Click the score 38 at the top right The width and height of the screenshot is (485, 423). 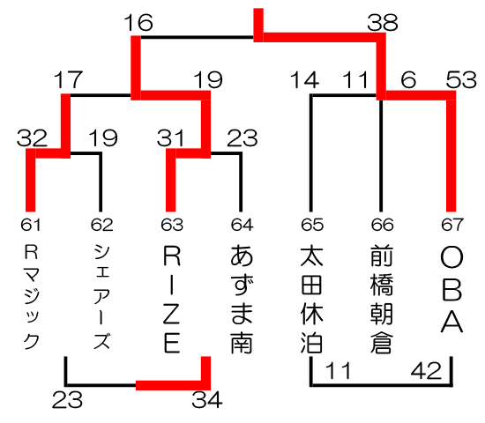tap(383, 23)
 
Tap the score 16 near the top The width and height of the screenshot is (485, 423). tap(138, 23)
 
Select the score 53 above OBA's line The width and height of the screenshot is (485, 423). tap(461, 80)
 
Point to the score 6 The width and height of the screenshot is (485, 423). tap(408, 80)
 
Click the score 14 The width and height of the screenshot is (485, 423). tap(305, 80)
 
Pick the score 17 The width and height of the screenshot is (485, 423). tap(69, 80)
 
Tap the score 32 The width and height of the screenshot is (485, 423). tap(32, 137)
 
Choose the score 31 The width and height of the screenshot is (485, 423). tap(171, 137)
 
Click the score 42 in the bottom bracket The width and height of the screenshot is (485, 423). tap(426, 371)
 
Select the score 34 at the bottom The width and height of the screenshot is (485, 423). tap(207, 399)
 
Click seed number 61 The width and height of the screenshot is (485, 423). tap(31, 225)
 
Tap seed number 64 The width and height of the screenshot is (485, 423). tap(242, 225)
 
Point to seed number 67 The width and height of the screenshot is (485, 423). tap(452, 225)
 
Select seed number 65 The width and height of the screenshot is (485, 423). tap(312, 225)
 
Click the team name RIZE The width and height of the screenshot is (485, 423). tap(172, 300)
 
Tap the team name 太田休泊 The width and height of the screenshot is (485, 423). tap(312, 299)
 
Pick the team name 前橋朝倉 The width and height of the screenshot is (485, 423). tap(382, 299)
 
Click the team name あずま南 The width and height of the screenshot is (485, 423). tap(242, 299)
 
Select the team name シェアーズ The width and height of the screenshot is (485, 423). tap(101, 297)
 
